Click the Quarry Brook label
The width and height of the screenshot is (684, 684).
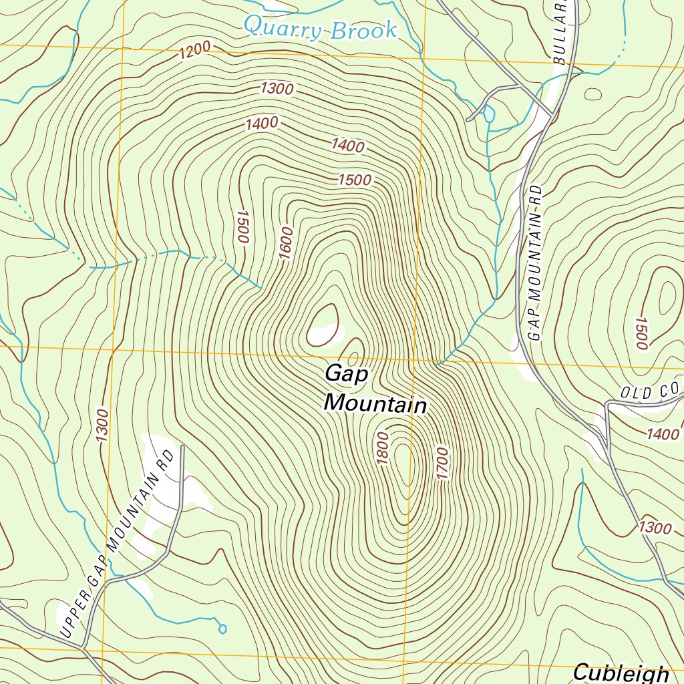tap(320, 29)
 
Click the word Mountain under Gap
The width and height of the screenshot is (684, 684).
tap(375, 404)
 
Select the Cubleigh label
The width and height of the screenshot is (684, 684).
tap(621, 672)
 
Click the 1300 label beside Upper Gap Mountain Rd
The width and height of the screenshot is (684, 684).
tap(102, 425)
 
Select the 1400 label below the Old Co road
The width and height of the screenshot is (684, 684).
tap(663, 434)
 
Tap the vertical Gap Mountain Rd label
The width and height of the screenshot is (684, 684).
tap(534, 264)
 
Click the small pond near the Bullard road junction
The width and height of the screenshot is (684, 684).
tap(489, 114)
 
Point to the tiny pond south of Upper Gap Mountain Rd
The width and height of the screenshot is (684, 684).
tap(222, 629)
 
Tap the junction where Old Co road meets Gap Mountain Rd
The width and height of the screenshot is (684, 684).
tap(607, 404)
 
